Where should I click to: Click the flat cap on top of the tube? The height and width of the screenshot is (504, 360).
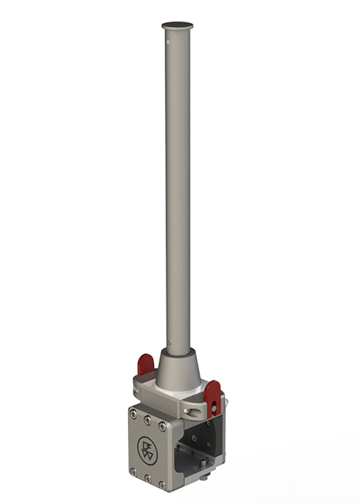pos(177,25)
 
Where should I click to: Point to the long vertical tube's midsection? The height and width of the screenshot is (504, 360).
pos(177,193)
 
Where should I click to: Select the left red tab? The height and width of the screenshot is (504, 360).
pos(145,364)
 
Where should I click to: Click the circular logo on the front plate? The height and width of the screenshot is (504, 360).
pos(146,449)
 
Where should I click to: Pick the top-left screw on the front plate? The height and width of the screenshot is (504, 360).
pos(133,415)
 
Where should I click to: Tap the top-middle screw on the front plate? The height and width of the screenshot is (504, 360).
pos(147,420)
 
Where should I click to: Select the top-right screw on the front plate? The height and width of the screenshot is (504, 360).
pos(162,425)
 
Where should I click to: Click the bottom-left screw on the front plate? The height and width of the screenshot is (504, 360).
pos(133,471)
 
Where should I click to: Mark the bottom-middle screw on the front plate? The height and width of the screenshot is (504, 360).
pos(146,479)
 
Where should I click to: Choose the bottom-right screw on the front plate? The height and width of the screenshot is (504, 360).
pos(162,486)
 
